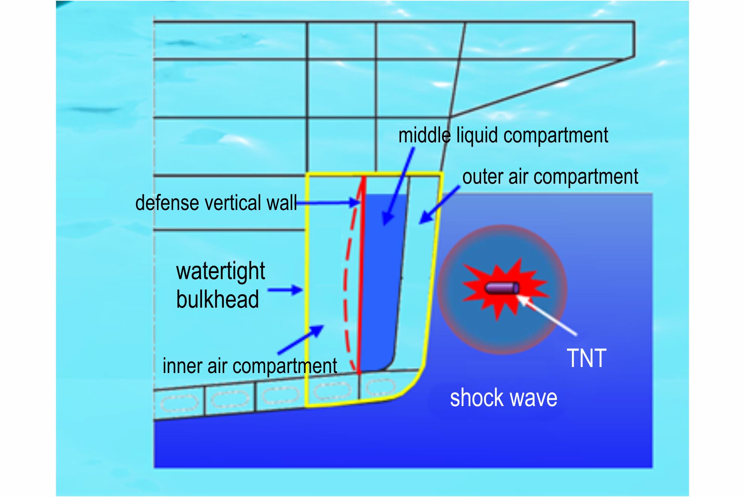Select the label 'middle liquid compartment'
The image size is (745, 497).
tap(503, 135)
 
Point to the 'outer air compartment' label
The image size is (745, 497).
tap(550, 177)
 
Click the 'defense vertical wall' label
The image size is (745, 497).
tap(216, 203)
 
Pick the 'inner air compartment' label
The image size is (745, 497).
tap(250, 366)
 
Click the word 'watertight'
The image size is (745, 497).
tap(221, 271)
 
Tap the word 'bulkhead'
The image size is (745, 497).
tap(218, 299)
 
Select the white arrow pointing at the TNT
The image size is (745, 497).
tap(547, 315)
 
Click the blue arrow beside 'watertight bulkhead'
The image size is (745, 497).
tap(285, 290)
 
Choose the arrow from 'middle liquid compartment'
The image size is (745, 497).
tap(398, 186)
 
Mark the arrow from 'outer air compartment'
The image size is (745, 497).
tap(439, 205)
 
